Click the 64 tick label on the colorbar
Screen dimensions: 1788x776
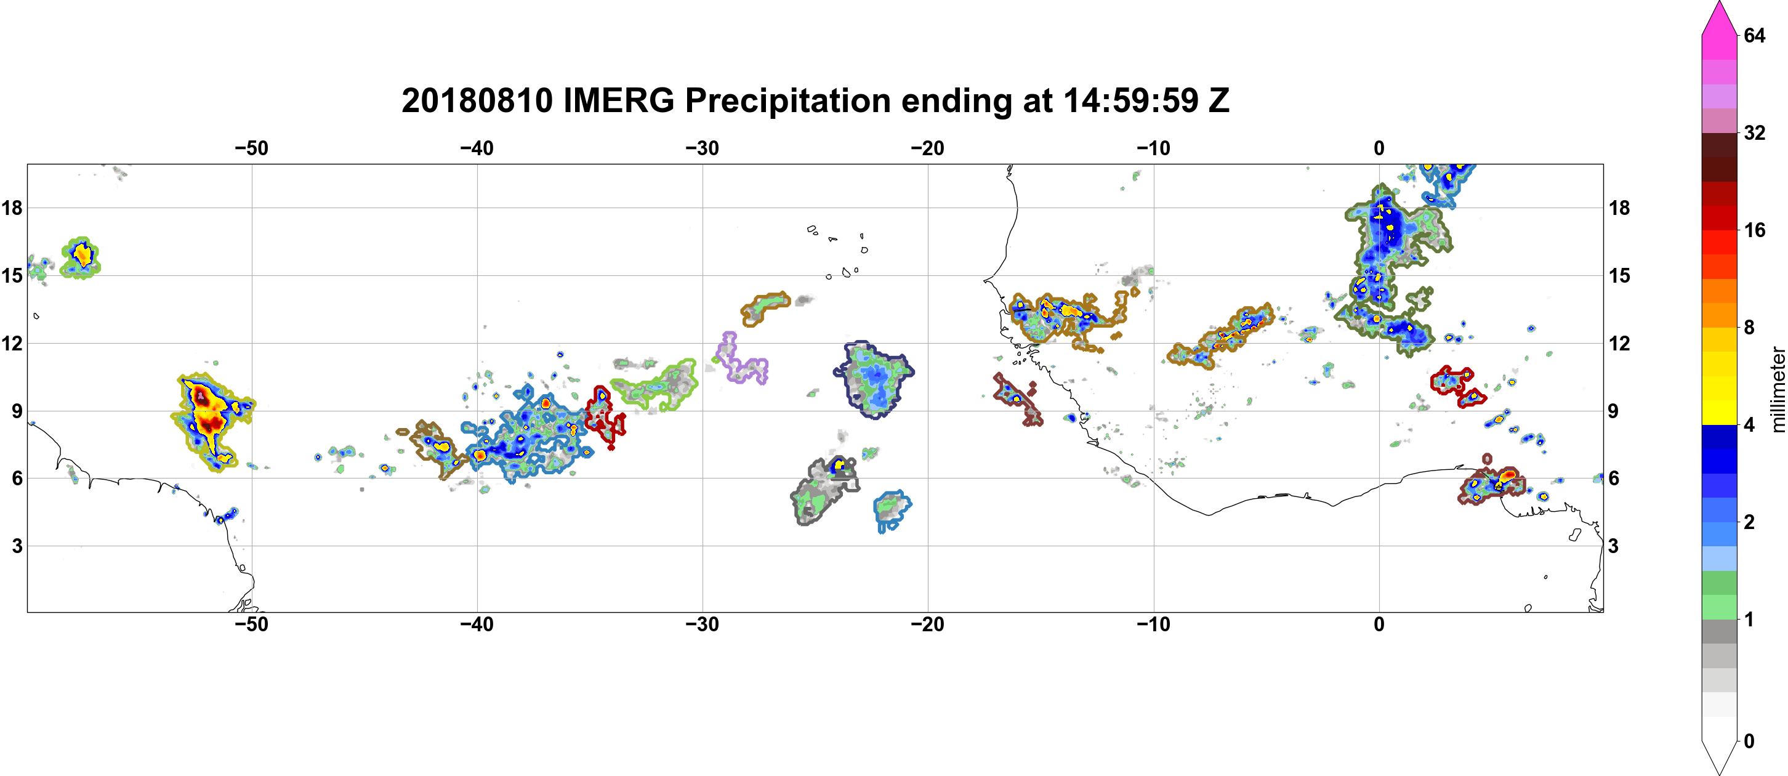point(1754,35)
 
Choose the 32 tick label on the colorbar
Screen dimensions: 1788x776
point(1754,132)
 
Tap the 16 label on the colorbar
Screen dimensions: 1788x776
point(1754,230)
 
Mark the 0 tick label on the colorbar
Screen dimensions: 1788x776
point(1749,742)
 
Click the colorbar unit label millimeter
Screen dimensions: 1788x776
point(1778,389)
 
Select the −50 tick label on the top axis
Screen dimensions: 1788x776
point(251,148)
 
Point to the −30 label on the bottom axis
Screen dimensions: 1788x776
point(703,624)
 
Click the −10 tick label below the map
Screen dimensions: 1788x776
point(1154,624)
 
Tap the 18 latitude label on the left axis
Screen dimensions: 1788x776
point(12,208)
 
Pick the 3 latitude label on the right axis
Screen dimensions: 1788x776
point(1613,546)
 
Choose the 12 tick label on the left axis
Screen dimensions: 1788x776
point(12,343)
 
